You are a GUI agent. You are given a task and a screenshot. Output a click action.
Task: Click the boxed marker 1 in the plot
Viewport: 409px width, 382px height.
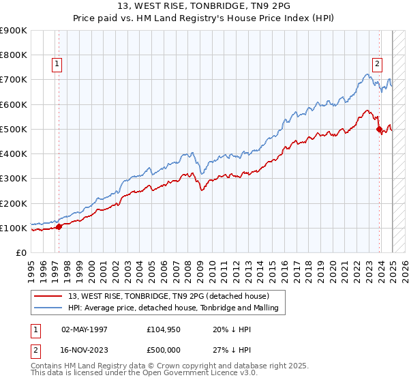[x=58, y=65]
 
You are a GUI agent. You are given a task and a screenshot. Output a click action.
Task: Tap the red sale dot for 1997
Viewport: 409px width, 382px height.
[x=59, y=227]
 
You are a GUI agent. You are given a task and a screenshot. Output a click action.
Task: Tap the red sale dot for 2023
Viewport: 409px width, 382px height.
[x=379, y=129]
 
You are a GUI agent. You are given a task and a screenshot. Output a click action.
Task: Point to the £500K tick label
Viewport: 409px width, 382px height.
[x=14, y=129]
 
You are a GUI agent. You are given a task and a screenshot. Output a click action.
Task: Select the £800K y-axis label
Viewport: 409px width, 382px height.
[x=14, y=55]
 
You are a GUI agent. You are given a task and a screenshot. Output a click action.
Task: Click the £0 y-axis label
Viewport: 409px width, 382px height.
[x=20, y=252]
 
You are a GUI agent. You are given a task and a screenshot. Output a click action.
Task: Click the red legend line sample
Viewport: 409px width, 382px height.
[x=49, y=296]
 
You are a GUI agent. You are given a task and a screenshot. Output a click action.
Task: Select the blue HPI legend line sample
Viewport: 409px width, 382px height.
[x=49, y=308]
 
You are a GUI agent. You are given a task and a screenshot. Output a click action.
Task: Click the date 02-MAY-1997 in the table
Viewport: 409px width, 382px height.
[x=85, y=329]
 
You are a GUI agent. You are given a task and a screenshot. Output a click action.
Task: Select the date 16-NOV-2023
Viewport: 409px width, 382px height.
[x=85, y=351]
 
